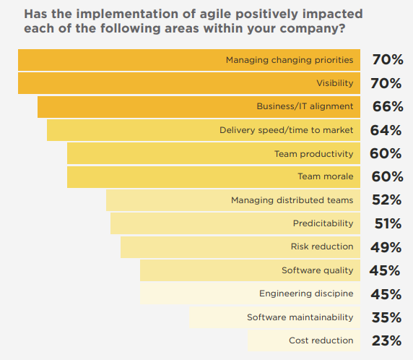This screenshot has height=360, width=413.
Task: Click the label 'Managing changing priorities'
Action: (x=290, y=60)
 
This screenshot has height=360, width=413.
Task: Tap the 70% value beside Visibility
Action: (x=386, y=83)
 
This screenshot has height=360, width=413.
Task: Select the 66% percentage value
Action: (x=388, y=106)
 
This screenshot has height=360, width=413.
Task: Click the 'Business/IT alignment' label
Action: (x=305, y=106)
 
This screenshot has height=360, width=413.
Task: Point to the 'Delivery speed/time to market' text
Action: (x=287, y=130)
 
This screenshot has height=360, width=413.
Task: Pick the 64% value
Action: (x=386, y=130)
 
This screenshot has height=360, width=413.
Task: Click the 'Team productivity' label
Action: (x=313, y=154)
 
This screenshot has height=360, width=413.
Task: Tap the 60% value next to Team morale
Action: (x=387, y=176)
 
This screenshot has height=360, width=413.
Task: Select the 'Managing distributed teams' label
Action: (x=292, y=200)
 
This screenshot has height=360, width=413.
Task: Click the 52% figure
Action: (x=387, y=200)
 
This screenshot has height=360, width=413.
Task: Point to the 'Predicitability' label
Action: (x=323, y=223)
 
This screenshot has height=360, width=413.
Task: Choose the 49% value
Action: (x=386, y=247)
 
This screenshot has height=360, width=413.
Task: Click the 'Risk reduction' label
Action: (x=322, y=247)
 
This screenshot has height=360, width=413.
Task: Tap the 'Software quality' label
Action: (x=318, y=270)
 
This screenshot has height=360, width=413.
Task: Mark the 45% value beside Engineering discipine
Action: (x=386, y=294)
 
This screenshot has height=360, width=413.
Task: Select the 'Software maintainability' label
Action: (x=300, y=317)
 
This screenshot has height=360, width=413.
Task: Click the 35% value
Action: (x=387, y=317)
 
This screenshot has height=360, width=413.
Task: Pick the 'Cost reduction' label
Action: (x=321, y=340)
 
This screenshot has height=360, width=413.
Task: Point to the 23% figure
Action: (x=387, y=340)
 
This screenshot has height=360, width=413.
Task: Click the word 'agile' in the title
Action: (x=215, y=14)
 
